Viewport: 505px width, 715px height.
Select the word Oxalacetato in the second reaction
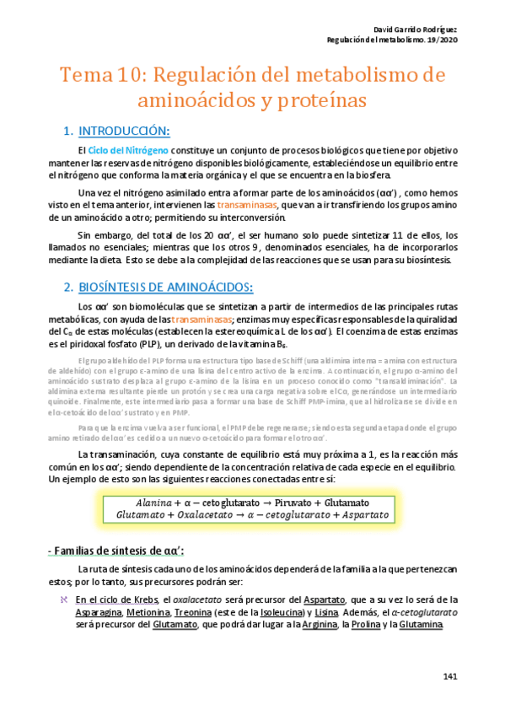pos(209,513)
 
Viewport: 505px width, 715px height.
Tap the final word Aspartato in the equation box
pos(366,513)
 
